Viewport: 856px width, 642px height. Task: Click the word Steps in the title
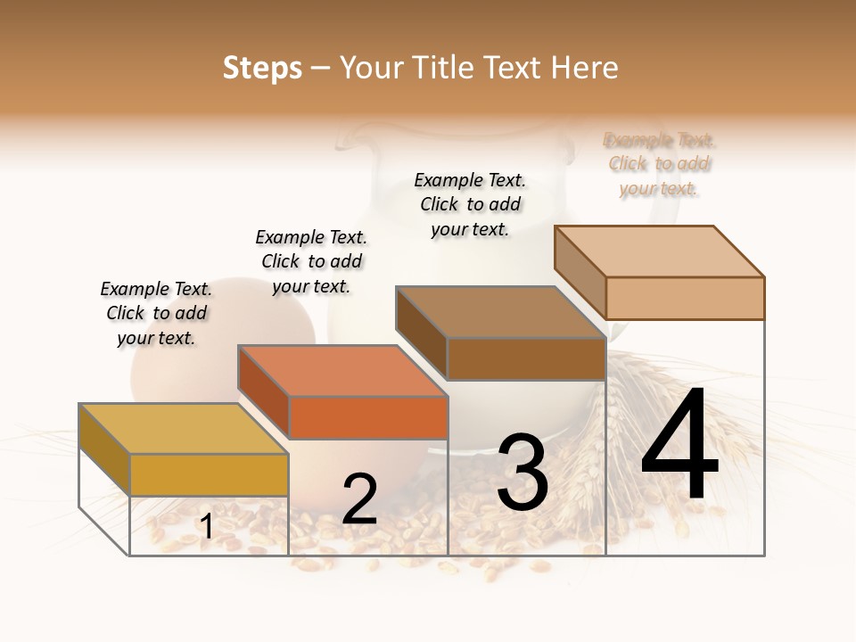pos(262,68)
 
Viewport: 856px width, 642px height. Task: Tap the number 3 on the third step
pos(522,473)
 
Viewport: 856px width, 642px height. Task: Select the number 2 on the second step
pos(359,499)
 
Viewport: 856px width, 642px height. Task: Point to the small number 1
pos(206,527)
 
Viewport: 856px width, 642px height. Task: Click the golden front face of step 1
pos(209,474)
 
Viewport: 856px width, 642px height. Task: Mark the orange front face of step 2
pos(367,417)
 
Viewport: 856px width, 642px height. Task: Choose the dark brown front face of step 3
pos(526,358)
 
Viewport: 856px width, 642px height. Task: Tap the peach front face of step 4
pos(685,298)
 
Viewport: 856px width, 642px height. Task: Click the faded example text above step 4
pos(660,164)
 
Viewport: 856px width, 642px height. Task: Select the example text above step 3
pos(470,204)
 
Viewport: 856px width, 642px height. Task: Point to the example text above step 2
pos(311,261)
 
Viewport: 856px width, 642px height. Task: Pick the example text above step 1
pos(156,313)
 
